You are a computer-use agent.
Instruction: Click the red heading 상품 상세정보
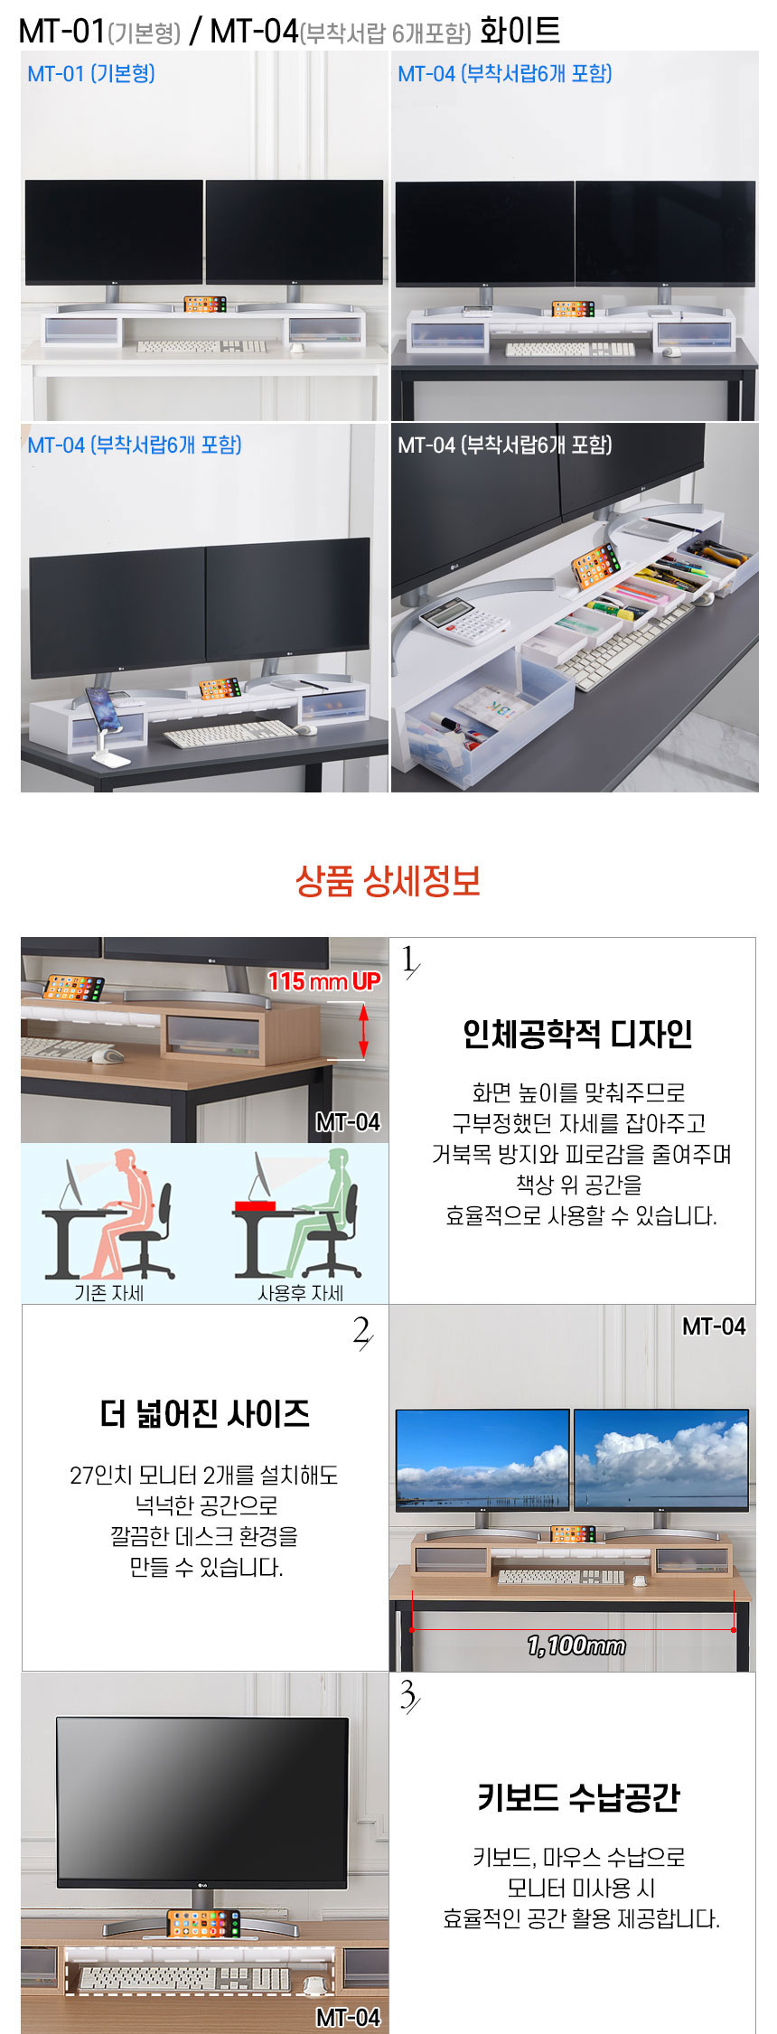coord(388,880)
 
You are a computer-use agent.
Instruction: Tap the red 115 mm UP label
coord(323,980)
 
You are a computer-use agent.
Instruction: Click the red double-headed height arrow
coord(363,1031)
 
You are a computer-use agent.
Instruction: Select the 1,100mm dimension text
coord(576,1645)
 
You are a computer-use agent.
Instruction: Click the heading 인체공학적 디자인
coord(577,1034)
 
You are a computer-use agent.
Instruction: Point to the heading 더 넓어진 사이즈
coord(205,1413)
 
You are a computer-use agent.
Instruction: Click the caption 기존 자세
coord(109,1292)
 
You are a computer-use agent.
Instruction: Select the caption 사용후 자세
coord(300,1292)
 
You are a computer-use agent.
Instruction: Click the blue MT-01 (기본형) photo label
coord(91,73)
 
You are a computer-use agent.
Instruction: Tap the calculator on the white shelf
coord(463,621)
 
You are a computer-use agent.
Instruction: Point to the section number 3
coord(408,1696)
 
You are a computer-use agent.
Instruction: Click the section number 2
coord(361,1332)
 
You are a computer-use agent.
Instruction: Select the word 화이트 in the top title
coord(520,31)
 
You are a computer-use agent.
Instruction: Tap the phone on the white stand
coord(101,707)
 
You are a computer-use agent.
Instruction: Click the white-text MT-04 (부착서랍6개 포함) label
coord(505,445)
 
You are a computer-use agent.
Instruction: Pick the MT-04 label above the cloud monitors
coord(714,1326)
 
